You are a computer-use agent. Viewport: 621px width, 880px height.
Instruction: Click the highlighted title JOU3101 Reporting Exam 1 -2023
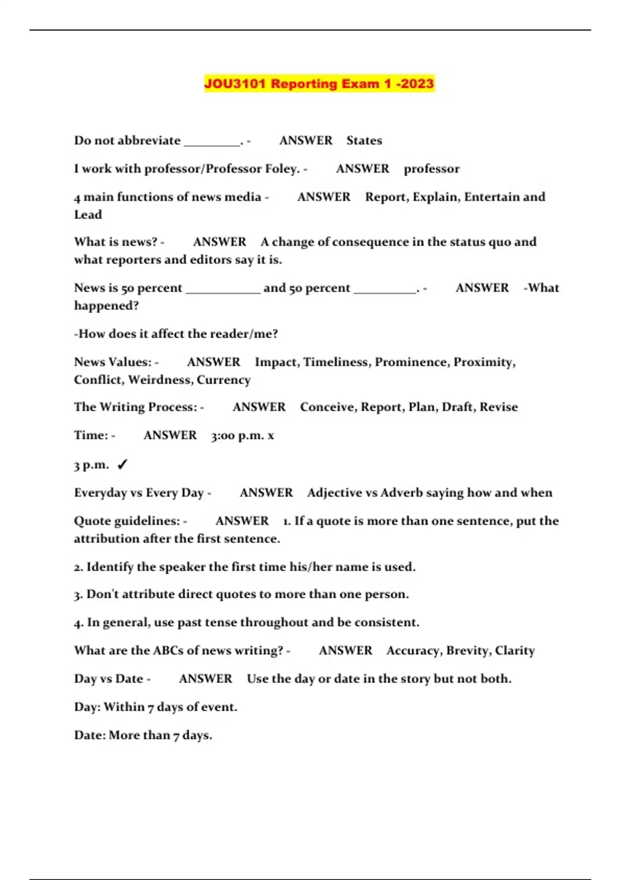(319, 84)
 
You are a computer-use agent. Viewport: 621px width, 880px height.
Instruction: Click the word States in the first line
(364, 140)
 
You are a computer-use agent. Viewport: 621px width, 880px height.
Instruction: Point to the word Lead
(88, 214)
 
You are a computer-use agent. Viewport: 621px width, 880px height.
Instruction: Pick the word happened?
(107, 305)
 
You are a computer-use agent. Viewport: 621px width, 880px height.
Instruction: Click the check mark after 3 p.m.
(122, 464)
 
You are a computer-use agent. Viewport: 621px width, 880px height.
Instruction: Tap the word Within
(124, 707)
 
